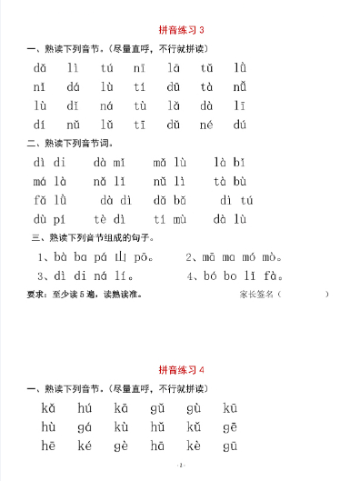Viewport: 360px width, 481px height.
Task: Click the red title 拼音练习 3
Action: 181,30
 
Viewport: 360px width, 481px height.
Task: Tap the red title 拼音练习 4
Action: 181,370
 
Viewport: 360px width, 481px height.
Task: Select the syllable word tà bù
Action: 229,182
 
